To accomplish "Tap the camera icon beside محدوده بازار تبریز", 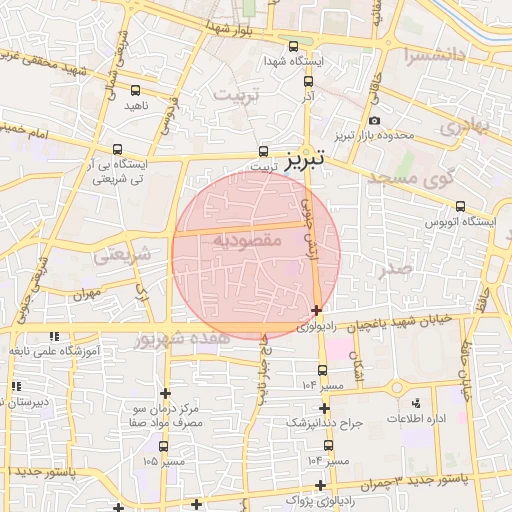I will tap(374, 121).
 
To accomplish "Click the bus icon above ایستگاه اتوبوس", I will tap(459, 207).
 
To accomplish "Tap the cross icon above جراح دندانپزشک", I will tap(328, 407).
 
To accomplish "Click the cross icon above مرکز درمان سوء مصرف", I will tap(166, 392).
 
